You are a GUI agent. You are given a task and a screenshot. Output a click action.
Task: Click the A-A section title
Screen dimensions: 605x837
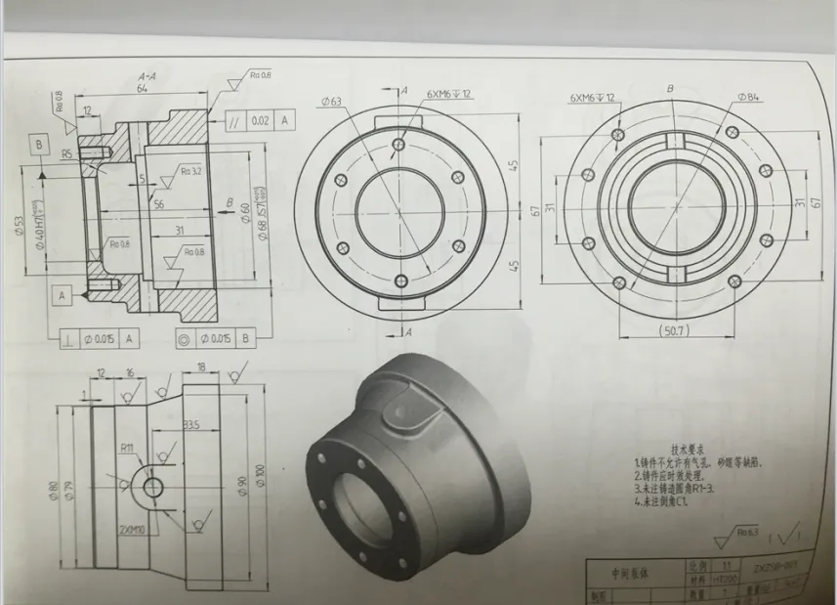148,76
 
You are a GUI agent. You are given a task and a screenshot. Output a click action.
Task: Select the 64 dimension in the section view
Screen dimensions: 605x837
143,89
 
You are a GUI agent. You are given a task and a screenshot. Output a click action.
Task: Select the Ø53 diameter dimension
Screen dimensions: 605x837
22,226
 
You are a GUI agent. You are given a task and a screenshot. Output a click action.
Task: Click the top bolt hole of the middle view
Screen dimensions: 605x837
399,145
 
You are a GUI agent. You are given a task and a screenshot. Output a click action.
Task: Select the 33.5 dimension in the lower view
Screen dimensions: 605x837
191,425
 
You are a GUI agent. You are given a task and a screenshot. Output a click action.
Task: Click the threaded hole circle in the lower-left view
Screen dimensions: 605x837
153,486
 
